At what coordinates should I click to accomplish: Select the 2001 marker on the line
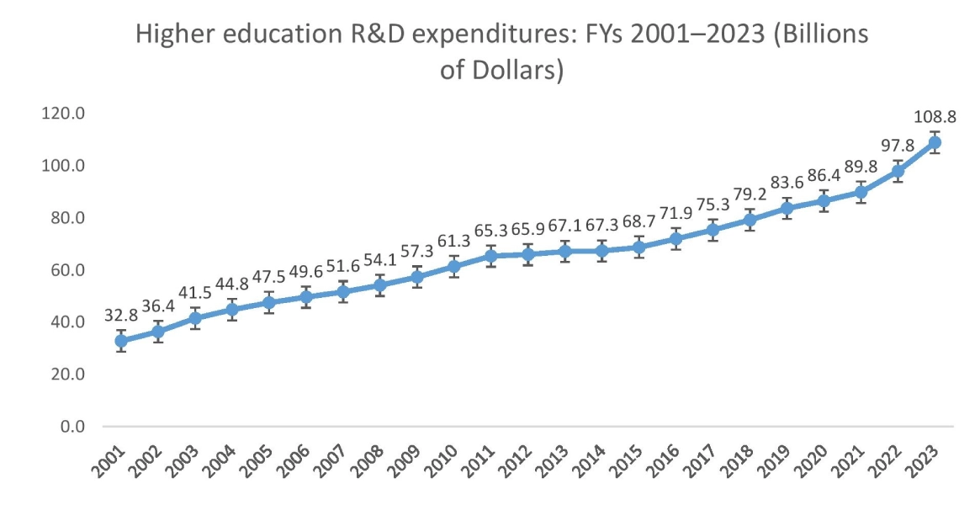click(121, 341)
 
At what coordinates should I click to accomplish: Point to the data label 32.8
click(121, 315)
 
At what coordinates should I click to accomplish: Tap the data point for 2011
click(490, 256)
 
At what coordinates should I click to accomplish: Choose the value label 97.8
click(898, 146)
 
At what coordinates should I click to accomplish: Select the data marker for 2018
click(750, 220)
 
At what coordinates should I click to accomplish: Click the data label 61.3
click(453, 243)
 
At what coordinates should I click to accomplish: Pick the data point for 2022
click(898, 171)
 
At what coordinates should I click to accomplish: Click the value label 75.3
click(712, 206)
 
